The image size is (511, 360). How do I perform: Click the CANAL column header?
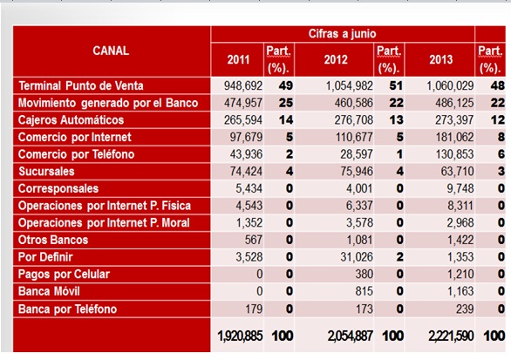[x=111, y=51]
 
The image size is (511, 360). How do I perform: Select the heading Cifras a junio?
[x=342, y=33]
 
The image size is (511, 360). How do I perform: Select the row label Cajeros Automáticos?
[x=72, y=120]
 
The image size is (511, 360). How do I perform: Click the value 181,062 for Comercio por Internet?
[x=451, y=137]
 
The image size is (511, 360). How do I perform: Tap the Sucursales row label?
[x=46, y=172]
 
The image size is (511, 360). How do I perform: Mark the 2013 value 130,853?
[x=451, y=154]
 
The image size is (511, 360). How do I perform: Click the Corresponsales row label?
[x=58, y=188]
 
